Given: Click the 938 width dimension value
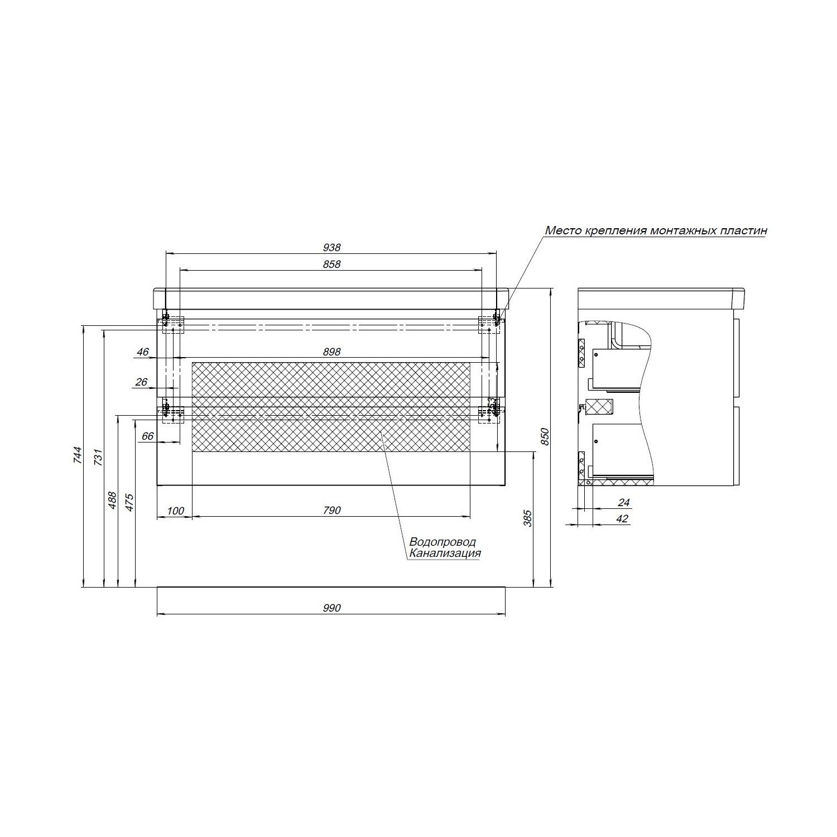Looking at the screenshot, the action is (331, 247).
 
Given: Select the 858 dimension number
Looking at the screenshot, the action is (331, 264).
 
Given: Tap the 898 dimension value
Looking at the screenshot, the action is (331, 352).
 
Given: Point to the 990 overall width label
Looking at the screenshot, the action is (331, 608).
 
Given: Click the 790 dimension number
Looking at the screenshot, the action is (331, 510).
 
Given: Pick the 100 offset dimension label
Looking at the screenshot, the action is (175, 510).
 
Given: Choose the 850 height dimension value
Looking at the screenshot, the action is (546, 437).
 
